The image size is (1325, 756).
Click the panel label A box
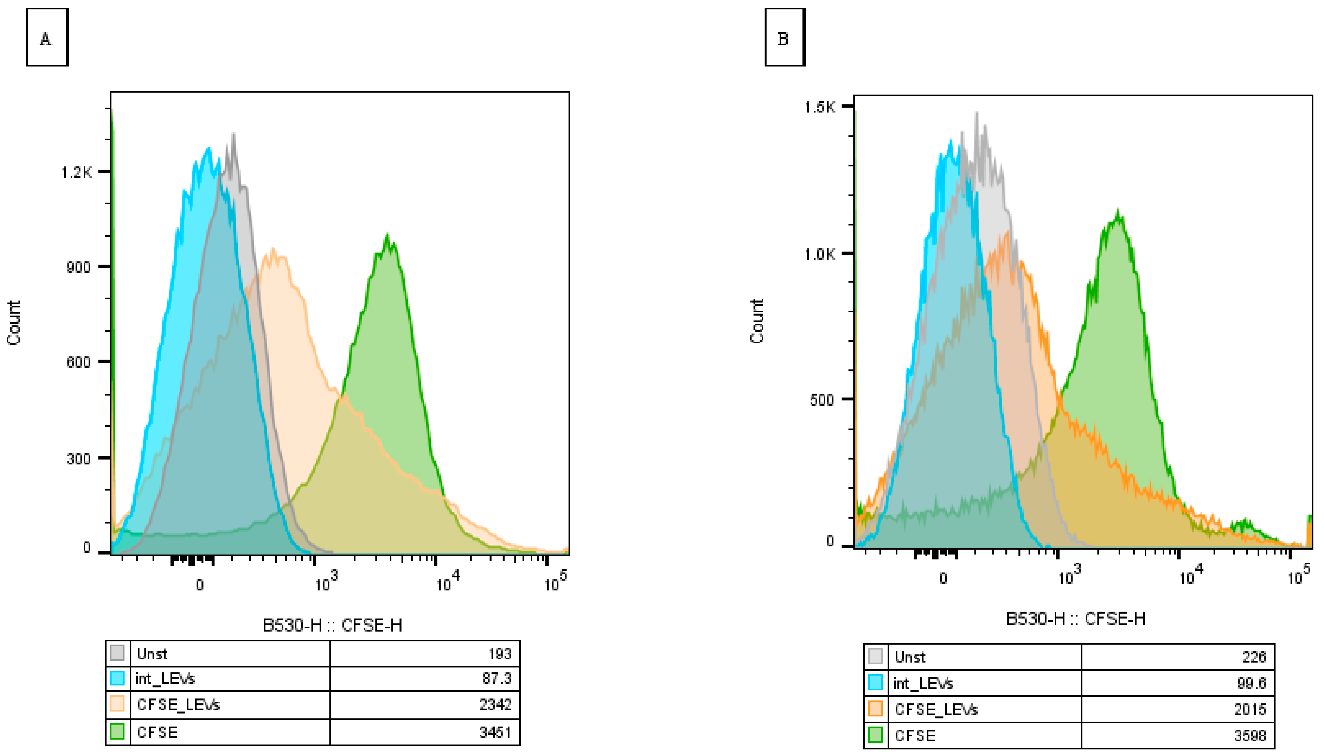tap(47, 37)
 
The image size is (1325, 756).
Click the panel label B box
tap(785, 37)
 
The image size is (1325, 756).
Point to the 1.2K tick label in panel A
tap(77, 172)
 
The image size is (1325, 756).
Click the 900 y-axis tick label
tap(79, 267)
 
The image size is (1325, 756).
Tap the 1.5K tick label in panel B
tap(820, 107)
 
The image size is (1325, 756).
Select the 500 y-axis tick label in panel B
tap(822, 400)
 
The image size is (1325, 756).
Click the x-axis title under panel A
tap(333, 624)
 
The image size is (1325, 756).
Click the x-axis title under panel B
tap(1076, 619)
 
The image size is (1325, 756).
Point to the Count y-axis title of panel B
tap(757, 321)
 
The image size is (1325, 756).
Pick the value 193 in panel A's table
tap(500, 654)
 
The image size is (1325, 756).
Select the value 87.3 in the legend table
tap(497, 678)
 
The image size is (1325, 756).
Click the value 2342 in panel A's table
tap(495, 705)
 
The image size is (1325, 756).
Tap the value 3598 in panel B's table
tap(1250, 735)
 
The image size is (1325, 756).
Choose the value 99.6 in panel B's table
tap(1251, 683)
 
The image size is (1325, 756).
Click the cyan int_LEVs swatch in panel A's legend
tap(117, 678)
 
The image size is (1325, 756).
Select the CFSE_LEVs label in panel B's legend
tap(936, 709)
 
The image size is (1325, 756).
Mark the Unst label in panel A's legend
tap(152, 654)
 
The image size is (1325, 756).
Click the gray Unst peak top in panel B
tap(977, 113)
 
